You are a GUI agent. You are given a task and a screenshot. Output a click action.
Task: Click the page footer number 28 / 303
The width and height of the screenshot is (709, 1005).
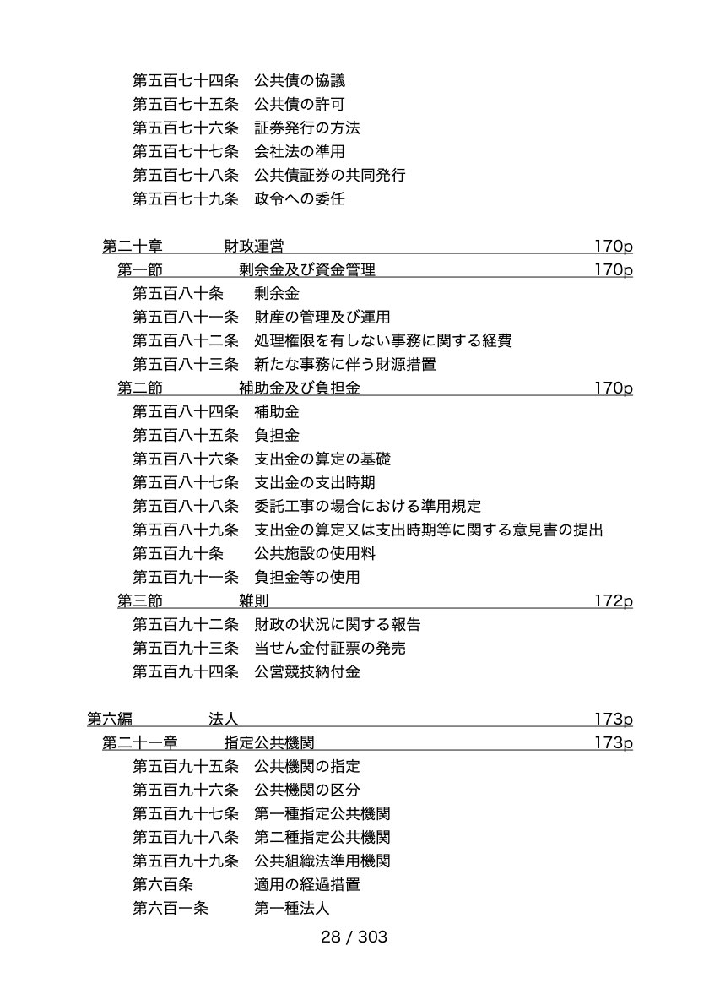pos(354,937)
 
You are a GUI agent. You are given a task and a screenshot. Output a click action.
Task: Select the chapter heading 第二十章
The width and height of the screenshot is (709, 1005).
pos(133,246)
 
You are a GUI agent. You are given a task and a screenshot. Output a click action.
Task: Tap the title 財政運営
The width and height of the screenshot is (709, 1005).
pos(253,246)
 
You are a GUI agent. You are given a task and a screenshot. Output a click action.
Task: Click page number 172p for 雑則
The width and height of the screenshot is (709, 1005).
pos(613,601)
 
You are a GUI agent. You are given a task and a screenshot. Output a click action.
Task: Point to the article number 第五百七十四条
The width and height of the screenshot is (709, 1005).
pos(186,81)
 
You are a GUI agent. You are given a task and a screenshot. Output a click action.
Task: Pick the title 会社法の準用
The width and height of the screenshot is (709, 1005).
pos(299,152)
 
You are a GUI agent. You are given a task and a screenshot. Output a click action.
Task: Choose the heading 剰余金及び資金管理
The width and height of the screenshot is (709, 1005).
pos(306,270)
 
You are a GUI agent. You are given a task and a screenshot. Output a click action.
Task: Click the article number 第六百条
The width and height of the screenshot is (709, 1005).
pos(163,885)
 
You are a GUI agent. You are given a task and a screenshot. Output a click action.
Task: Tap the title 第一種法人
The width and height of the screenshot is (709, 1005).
pos(291,909)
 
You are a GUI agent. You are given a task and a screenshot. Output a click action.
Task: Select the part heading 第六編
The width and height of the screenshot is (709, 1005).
pos(110,720)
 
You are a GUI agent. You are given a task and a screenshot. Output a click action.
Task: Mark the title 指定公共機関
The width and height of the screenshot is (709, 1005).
pos(269,743)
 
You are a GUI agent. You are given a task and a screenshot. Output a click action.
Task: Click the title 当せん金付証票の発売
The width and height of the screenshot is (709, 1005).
pos(329,649)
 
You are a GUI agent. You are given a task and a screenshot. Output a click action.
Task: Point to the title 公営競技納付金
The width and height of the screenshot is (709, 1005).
pos(306,672)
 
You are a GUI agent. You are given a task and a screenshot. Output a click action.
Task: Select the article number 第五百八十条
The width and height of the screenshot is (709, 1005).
pos(178,294)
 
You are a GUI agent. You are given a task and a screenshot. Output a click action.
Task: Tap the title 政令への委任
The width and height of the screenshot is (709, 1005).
pos(299,198)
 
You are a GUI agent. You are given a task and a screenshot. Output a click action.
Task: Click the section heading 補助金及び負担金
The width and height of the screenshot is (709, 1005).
pos(299,388)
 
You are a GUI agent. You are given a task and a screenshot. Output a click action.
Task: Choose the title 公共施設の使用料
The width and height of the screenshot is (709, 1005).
pos(315,554)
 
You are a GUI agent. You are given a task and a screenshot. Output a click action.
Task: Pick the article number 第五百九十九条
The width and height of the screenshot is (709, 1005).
pos(186,861)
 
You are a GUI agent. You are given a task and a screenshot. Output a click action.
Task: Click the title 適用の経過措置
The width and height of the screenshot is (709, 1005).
pos(306,885)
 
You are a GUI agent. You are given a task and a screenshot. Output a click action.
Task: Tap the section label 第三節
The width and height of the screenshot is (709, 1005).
pos(139,601)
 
